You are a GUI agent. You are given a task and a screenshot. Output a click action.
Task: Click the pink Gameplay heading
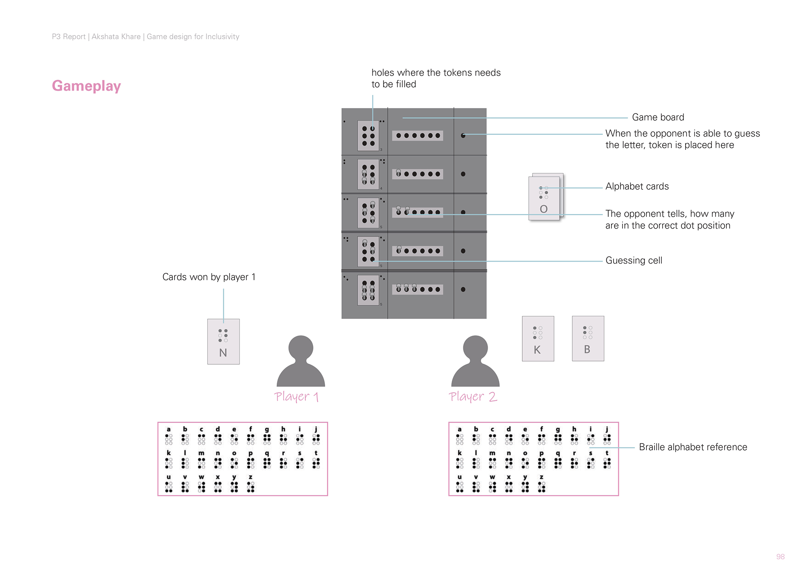pos(86,86)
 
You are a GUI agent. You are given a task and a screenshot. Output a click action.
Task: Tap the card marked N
pos(223,342)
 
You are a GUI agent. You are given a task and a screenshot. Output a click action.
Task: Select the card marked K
pos(538,338)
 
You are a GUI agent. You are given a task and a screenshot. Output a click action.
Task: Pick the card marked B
pos(588,338)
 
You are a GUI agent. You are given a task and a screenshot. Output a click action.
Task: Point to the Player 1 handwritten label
pos(297,397)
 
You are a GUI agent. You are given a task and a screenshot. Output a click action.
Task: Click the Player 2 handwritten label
pos(473,397)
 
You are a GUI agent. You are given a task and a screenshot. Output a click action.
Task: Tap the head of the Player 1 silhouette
pos(301,348)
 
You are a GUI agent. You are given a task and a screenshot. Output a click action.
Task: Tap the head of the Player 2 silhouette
pos(476,348)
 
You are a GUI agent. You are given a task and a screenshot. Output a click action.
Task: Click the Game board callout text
pos(658,118)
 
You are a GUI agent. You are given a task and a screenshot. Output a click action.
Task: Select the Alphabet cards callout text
pos(637,187)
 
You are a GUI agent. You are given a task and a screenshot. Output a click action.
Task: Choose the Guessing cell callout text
pos(633,260)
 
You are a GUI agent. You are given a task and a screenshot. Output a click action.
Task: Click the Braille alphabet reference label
pos(693,447)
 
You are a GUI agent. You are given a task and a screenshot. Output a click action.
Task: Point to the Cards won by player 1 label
pos(209,277)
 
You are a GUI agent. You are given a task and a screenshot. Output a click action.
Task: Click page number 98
pos(780,557)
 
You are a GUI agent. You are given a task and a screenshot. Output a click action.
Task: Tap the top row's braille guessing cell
pos(368,136)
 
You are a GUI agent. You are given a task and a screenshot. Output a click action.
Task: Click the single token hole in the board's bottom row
pos(463,290)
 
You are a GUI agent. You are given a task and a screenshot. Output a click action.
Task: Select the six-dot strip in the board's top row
pos(418,136)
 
